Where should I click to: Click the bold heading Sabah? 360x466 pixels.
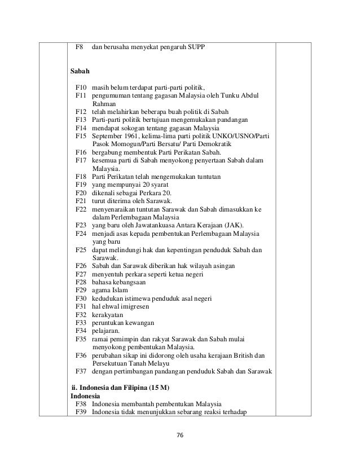tap(80, 72)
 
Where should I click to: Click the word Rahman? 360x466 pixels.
tap(104, 104)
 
